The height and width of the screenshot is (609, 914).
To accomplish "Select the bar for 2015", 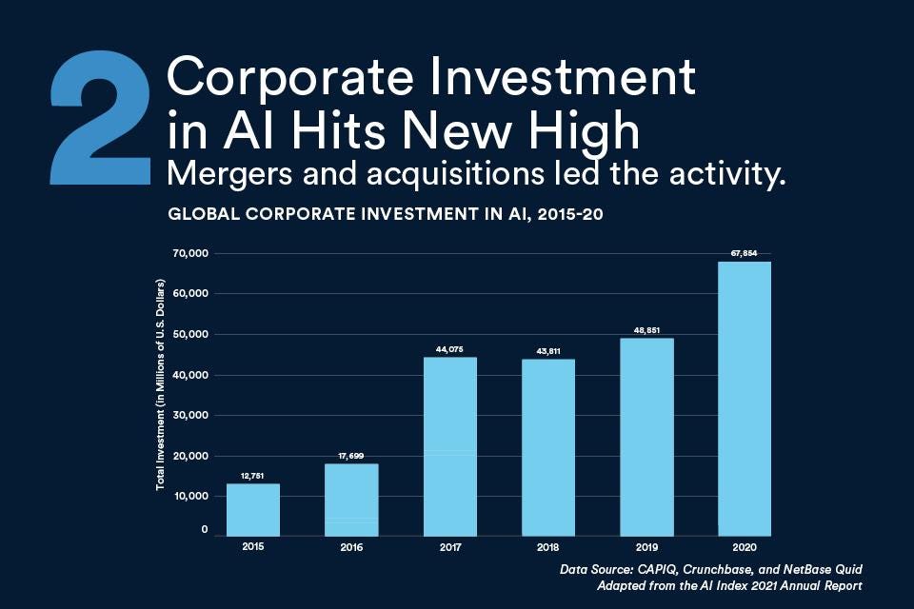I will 253,509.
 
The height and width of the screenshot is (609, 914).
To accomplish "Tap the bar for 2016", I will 351,500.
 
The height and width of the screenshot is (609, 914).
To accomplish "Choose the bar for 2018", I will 547,446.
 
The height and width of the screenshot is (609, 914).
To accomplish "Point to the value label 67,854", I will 745,253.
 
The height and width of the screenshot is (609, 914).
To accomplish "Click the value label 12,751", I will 253,475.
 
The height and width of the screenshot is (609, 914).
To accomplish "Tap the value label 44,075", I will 449,349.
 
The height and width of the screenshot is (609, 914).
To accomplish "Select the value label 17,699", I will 351,456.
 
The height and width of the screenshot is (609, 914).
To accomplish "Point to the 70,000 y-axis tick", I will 190,253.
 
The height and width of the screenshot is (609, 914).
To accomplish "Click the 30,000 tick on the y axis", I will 190,415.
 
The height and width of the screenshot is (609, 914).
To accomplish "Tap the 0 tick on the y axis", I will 205,529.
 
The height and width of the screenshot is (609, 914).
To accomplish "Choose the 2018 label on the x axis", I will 547,549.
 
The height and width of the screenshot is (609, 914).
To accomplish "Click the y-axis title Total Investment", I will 162,385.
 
